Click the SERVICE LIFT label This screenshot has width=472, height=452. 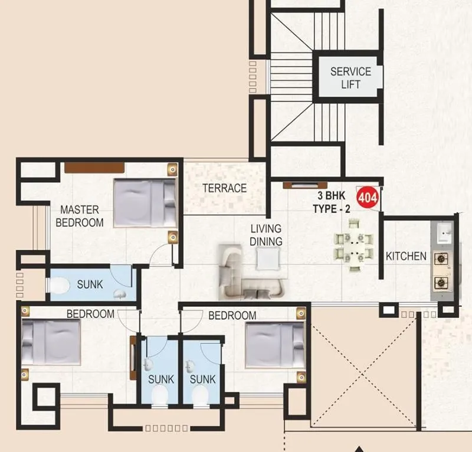(350, 77)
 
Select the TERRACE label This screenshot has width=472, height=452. (224, 188)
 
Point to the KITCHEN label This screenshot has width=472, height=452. (406, 256)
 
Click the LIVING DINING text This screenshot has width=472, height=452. (265, 235)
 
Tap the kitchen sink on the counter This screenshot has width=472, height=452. (443, 234)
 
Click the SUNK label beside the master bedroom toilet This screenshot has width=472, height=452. (90, 284)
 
